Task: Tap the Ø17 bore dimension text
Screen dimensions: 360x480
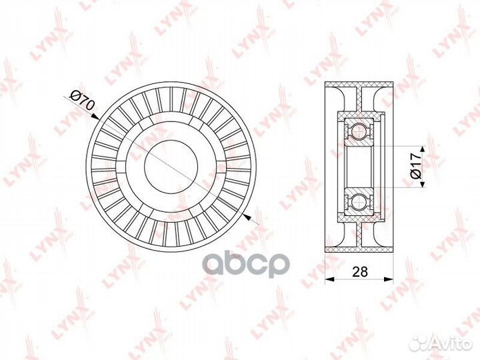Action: point(415,164)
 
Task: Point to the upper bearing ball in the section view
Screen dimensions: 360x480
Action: point(361,128)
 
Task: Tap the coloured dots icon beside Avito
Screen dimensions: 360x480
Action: point(419,342)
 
